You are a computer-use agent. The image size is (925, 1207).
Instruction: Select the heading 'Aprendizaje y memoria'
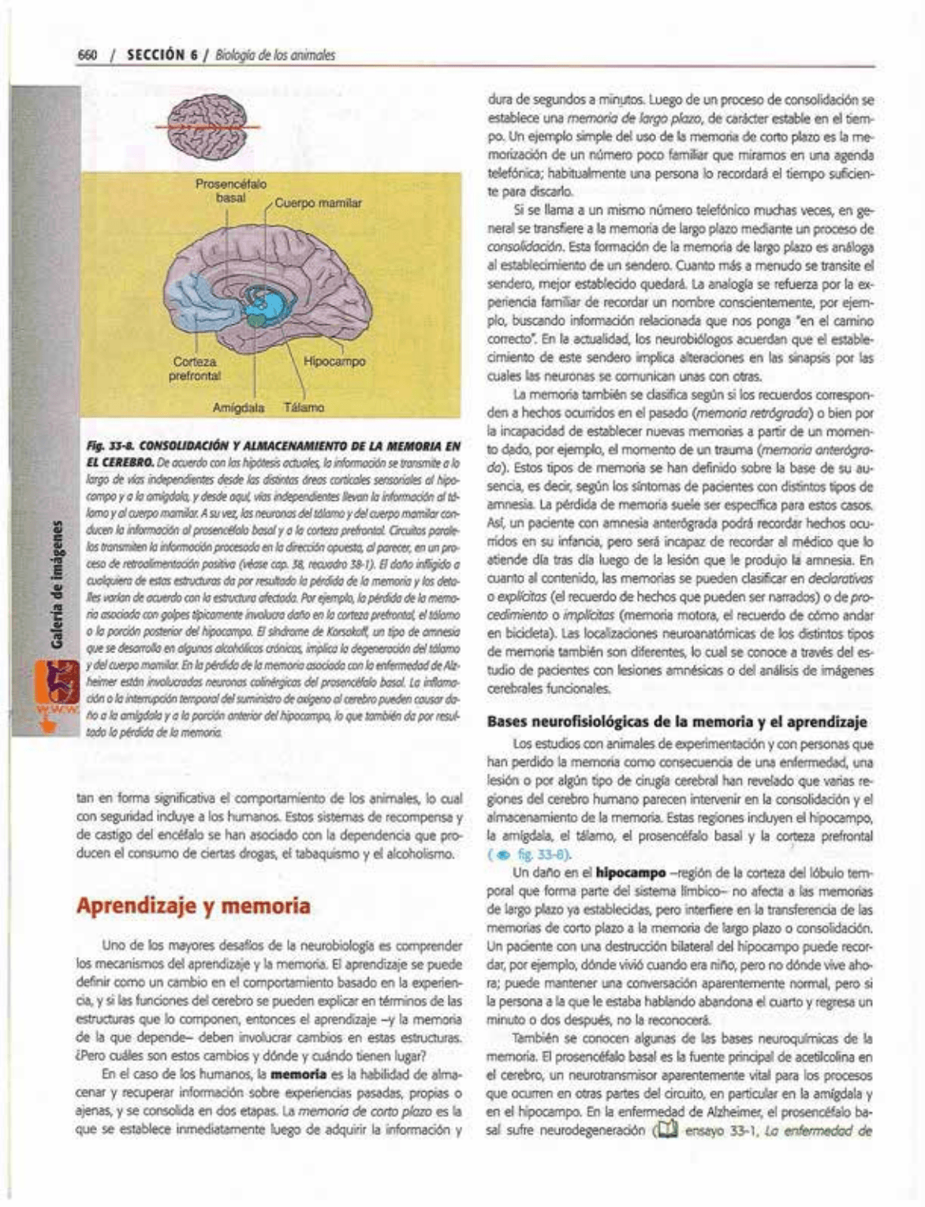[193, 906]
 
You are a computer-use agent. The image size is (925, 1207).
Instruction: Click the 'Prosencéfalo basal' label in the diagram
[230, 191]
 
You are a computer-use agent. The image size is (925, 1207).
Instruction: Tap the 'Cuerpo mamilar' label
[319, 203]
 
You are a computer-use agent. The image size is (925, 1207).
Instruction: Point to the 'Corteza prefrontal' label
[194, 368]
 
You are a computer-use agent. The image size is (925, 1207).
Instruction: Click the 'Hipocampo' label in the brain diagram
[334, 361]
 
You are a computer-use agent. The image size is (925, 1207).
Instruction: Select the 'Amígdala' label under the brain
[239, 408]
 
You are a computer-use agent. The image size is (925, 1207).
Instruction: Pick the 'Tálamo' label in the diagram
[304, 408]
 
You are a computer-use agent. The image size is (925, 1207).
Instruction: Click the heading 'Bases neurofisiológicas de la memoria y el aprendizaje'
[677, 721]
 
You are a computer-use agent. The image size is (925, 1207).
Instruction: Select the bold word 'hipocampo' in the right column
[631, 873]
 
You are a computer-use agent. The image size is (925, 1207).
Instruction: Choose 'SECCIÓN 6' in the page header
[162, 55]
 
